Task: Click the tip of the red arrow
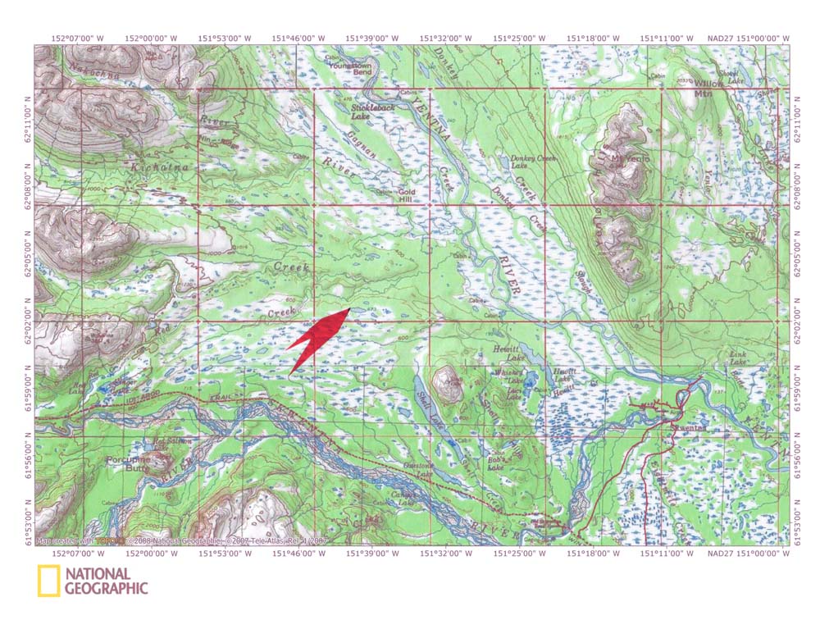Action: (351, 308)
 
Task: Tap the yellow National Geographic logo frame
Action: (48, 581)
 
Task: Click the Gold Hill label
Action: (408, 196)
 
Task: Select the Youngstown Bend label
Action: (351, 68)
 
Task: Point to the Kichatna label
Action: (148, 167)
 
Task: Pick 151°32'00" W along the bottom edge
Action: (445, 554)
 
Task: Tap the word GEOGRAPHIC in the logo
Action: (107, 588)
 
